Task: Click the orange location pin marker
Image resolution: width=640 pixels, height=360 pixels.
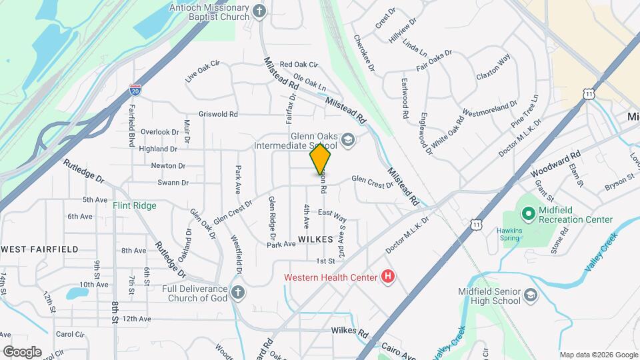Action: tap(321, 160)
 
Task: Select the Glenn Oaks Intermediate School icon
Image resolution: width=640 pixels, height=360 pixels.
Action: tap(347, 140)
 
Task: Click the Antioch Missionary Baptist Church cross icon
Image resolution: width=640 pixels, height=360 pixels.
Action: tap(260, 11)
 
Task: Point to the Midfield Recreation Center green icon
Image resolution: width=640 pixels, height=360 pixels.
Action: tap(529, 214)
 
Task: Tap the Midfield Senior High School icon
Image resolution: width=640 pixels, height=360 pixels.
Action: tap(530, 295)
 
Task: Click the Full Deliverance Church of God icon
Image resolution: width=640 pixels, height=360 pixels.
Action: tap(238, 292)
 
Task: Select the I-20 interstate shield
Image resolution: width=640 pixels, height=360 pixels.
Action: tap(135, 89)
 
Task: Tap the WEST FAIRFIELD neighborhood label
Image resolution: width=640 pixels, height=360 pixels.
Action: tap(40, 249)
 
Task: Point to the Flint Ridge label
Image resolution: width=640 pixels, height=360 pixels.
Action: tap(134, 205)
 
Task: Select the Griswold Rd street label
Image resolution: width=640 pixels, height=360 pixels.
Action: tap(218, 114)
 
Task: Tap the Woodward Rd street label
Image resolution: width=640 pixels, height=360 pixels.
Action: tap(556, 163)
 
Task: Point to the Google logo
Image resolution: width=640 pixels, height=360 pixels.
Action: tap(22, 351)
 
